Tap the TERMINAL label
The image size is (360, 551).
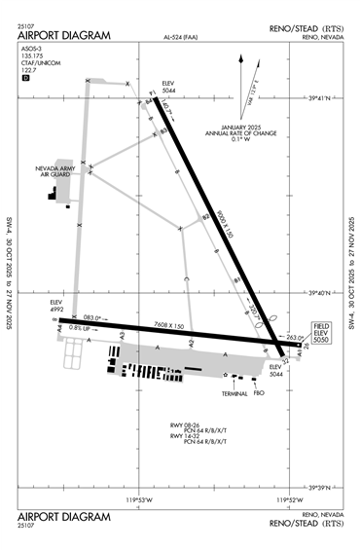(x=234, y=393)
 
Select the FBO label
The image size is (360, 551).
(x=259, y=393)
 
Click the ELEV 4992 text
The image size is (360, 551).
(x=56, y=307)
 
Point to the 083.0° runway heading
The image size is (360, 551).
(x=91, y=316)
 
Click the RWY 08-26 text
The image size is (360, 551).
(x=185, y=425)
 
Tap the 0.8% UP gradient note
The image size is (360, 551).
(x=84, y=328)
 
